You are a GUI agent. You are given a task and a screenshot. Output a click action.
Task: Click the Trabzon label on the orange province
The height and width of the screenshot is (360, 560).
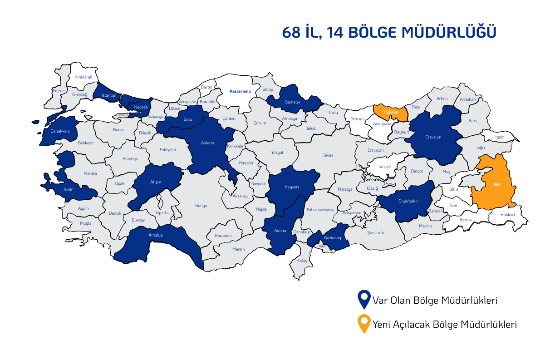390,112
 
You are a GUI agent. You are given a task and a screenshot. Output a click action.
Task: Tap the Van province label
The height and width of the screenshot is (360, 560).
496,185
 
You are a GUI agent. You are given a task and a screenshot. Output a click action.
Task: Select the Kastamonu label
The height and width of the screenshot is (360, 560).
240,91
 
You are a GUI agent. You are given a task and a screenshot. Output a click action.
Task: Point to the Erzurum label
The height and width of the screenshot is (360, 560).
433,137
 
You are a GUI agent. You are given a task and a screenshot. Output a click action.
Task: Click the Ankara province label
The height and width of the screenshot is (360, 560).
207,143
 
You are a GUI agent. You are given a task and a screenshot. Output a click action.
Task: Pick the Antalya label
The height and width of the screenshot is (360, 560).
156,235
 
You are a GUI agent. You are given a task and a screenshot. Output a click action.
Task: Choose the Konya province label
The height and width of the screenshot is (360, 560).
201,206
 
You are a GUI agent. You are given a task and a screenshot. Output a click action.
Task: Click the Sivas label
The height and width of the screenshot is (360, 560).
328,155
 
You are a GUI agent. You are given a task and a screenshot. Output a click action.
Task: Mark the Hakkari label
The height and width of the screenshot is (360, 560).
508,214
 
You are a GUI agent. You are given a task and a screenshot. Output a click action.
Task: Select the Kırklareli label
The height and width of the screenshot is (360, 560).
83,77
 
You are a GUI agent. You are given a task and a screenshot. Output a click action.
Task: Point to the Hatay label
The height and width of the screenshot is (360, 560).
302,261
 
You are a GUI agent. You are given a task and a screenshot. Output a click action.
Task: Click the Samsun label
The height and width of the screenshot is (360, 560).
292,102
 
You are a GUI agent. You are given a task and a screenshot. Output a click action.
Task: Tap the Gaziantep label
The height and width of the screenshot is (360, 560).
333,238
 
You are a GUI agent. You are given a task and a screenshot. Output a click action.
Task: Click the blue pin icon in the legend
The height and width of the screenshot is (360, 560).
364,299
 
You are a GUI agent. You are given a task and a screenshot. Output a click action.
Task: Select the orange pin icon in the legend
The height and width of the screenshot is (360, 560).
364,324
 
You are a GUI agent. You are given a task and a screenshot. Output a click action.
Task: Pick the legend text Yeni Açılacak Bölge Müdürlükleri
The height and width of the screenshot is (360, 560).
445,325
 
